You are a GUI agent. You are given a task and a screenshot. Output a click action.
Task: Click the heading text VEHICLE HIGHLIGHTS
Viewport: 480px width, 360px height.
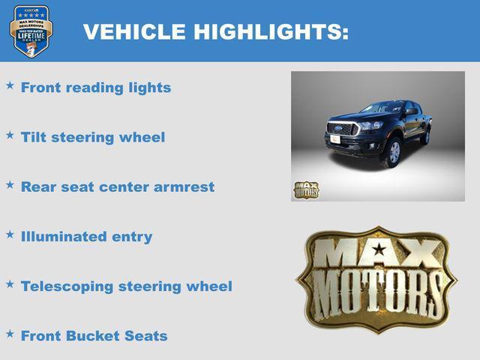coord(215,31)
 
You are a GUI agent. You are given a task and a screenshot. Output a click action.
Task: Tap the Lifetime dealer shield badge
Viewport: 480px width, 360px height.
coord(31,31)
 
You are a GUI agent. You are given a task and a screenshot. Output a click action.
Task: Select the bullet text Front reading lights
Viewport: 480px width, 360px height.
coord(96,88)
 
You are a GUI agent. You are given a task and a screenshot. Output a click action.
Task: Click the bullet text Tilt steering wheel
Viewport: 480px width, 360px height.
coord(93,137)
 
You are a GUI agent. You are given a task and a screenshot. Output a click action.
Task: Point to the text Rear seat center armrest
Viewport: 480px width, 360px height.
coord(118,187)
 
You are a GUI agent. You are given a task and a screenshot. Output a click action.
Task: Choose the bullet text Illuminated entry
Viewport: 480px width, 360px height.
coord(87,236)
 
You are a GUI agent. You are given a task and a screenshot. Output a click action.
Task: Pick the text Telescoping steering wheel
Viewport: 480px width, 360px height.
coord(127,286)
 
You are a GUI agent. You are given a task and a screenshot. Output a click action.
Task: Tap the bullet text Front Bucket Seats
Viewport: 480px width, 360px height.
coord(94,335)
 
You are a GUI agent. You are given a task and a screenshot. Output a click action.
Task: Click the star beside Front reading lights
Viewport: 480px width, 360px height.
coord(10,85)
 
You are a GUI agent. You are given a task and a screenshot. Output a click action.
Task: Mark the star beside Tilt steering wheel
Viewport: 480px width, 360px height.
coord(10,135)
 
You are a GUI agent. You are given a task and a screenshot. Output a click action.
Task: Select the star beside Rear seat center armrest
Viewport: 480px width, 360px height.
coord(10,184)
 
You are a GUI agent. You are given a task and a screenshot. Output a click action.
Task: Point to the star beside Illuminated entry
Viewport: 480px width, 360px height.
coord(10,234)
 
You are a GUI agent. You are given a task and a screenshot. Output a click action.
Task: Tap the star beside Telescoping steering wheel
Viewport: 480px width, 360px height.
coord(10,283)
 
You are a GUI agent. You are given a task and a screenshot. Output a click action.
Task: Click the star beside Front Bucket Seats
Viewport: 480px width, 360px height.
coord(10,333)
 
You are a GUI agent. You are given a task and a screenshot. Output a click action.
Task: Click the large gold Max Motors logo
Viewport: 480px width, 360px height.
coord(377,278)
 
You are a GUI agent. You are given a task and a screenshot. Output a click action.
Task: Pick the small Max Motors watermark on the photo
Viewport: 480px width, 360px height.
coord(305,190)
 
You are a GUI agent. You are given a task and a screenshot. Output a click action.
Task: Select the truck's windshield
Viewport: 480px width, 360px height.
coord(381,108)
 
